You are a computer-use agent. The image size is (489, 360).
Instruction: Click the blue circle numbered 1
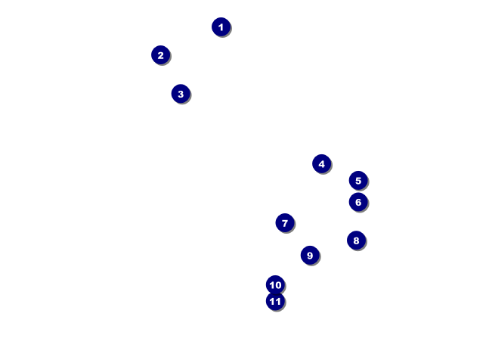tap(221, 27)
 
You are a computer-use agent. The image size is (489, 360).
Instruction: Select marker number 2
tap(160, 55)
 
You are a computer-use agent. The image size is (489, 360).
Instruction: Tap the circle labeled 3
tap(180, 94)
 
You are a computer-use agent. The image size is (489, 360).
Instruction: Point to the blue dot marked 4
tap(321, 163)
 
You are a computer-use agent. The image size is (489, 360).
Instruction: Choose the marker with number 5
tap(358, 180)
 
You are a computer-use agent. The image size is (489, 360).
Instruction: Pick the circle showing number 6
tap(358, 202)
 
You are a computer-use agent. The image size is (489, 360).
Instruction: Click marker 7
tap(284, 222)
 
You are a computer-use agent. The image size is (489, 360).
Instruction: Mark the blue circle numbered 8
tap(356, 241)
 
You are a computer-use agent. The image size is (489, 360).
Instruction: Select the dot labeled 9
tap(309, 255)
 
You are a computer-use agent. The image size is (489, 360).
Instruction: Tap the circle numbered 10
tap(275, 285)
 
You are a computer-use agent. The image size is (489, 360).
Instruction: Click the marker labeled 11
tap(275, 302)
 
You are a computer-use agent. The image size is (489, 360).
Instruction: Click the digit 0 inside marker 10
tap(278, 285)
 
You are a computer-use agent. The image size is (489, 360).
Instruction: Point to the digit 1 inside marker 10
tap(271, 285)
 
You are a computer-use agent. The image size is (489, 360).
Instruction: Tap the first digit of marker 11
tap(272, 302)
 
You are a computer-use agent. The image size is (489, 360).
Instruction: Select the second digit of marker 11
tap(278, 302)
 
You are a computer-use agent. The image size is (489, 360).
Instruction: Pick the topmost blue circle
tap(221, 27)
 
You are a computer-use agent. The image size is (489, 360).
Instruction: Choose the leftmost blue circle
tap(160, 55)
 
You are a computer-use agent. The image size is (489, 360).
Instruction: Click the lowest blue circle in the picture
tap(275, 302)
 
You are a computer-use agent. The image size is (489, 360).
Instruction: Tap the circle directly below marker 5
tap(358, 202)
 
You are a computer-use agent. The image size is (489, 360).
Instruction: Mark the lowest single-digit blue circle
tap(309, 255)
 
